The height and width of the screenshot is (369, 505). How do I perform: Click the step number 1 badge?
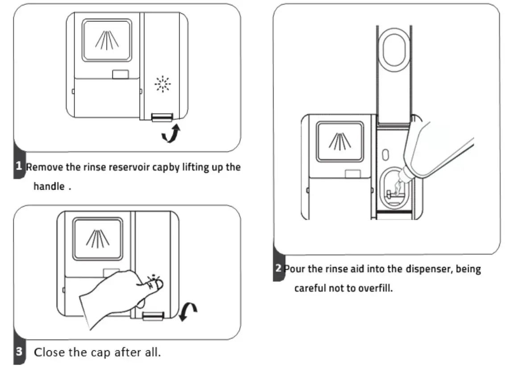19,167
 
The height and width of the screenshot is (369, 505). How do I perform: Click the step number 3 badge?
19,352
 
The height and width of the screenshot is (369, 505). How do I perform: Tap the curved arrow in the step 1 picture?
171,134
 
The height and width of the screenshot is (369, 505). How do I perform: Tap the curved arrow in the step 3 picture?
187,311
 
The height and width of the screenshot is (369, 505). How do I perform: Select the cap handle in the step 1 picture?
162,117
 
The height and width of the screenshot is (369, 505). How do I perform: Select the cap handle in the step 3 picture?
153,316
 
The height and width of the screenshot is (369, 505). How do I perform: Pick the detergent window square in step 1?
107,41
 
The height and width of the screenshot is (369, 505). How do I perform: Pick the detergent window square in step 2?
340,141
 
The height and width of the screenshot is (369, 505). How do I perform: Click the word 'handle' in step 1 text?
49,187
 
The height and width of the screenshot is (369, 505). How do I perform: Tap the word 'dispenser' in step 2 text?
426,270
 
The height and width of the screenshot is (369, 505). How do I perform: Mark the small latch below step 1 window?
120,74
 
